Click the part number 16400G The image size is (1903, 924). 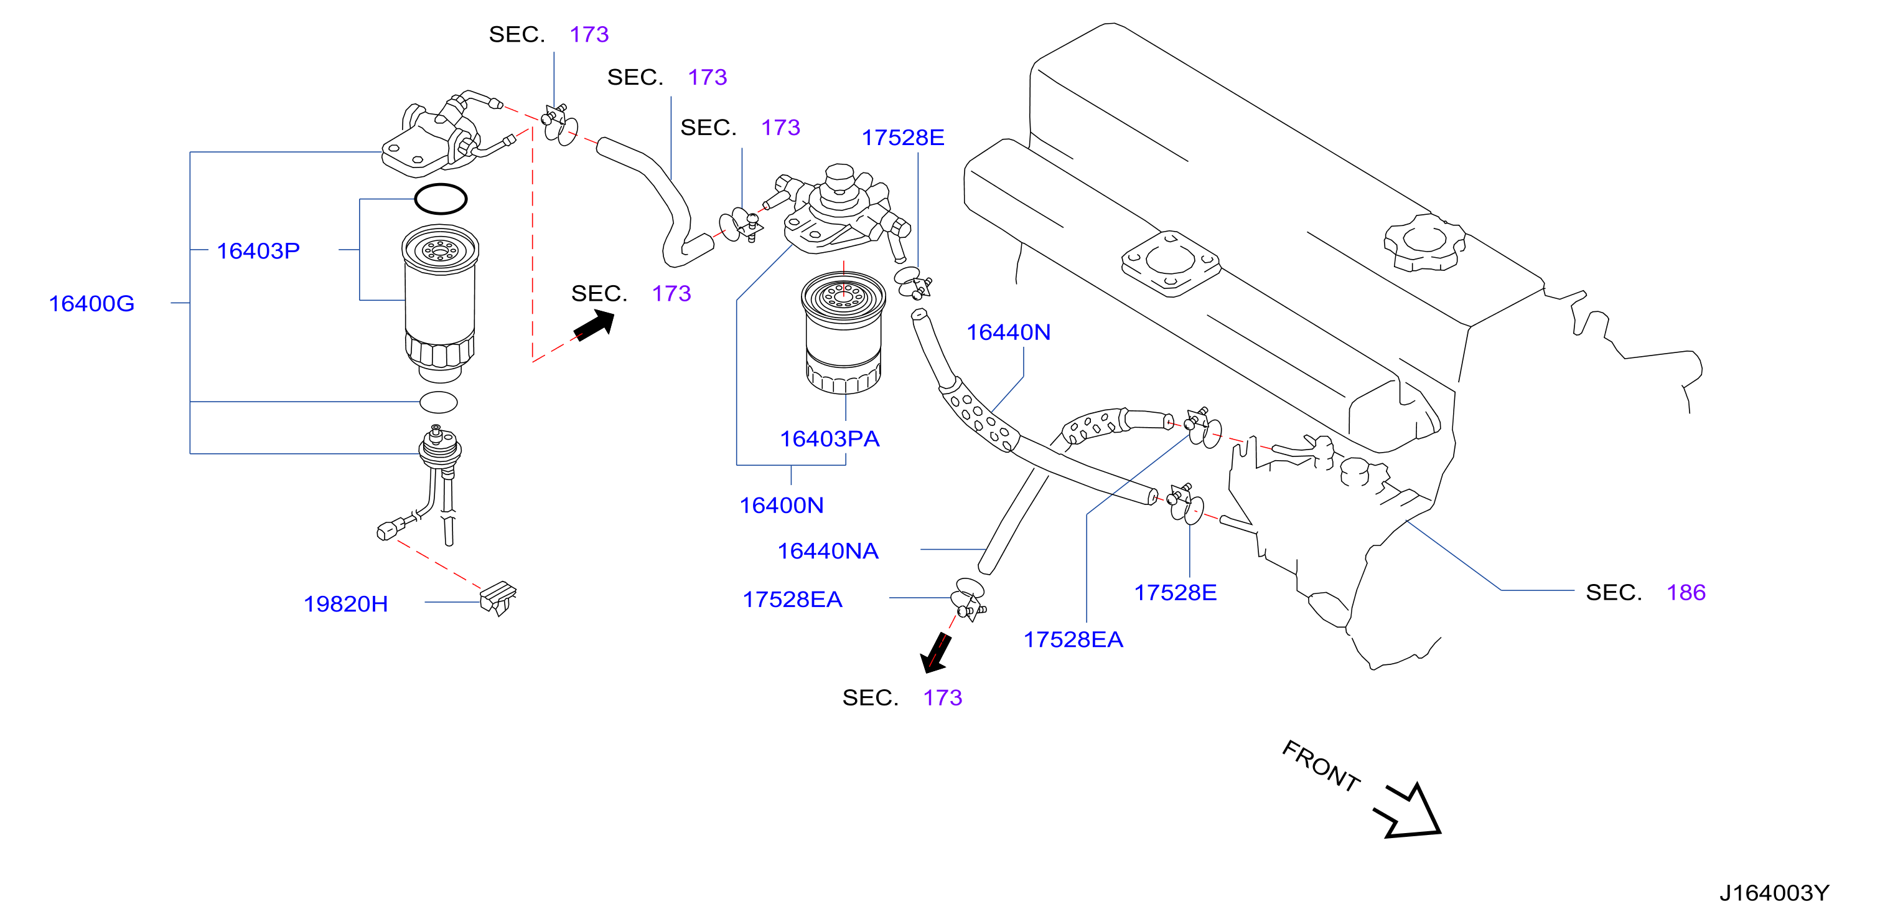click(91, 303)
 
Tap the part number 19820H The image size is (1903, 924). click(346, 604)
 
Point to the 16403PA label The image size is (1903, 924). click(830, 438)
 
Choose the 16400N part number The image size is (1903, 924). click(782, 505)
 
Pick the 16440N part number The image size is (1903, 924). click(1008, 332)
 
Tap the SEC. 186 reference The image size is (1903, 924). click(1646, 592)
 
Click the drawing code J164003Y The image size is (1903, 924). click(1774, 893)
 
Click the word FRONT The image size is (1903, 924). click(1321, 766)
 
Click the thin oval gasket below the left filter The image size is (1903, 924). click(439, 402)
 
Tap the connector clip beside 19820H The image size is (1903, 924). click(498, 598)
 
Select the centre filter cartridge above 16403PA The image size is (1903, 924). click(843, 332)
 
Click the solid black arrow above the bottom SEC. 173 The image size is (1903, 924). click(935, 652)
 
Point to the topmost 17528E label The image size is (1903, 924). click(903, 138)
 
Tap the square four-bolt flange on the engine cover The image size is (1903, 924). click(1171, 263)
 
